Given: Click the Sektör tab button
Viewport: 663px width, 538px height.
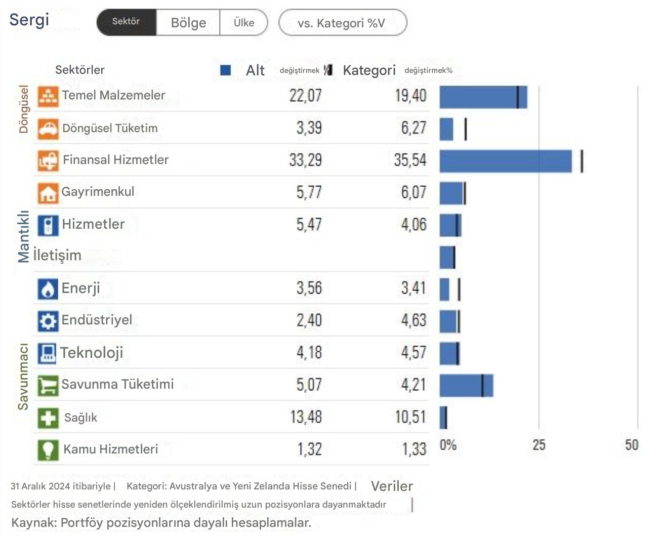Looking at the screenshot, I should point(126,22).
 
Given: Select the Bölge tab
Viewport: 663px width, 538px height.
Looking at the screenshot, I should point(188,23).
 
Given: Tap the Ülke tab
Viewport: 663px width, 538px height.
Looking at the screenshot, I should point(243,23).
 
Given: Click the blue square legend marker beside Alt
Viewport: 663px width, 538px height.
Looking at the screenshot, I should point(226,70).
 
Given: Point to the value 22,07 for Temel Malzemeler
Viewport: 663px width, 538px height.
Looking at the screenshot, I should point(305,96).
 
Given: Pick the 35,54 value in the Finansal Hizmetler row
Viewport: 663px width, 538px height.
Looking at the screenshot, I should point(410,160).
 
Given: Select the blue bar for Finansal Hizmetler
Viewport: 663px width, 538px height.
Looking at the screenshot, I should point(505,161).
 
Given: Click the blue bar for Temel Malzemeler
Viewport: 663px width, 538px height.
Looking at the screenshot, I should point(483,97).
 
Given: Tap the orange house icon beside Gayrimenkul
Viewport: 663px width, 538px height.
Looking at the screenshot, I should point(48,193).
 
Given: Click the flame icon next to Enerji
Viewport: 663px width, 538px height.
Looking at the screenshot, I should point(48,289).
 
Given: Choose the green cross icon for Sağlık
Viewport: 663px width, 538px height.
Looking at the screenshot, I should point(48,418).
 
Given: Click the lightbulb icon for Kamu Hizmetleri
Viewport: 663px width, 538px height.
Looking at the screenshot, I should point(48,450).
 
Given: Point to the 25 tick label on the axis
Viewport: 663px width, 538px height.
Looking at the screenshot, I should point(538,445).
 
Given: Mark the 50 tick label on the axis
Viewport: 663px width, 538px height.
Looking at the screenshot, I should point(631,445).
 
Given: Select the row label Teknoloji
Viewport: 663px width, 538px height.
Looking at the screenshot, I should point(92,353).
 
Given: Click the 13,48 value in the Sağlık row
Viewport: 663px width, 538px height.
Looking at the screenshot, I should point(306,418).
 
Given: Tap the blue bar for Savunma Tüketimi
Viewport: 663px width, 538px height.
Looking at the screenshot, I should point(466,386).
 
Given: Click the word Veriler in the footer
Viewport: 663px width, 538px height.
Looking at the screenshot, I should point(392,486).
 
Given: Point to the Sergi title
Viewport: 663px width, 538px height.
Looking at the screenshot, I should point(29,20).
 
